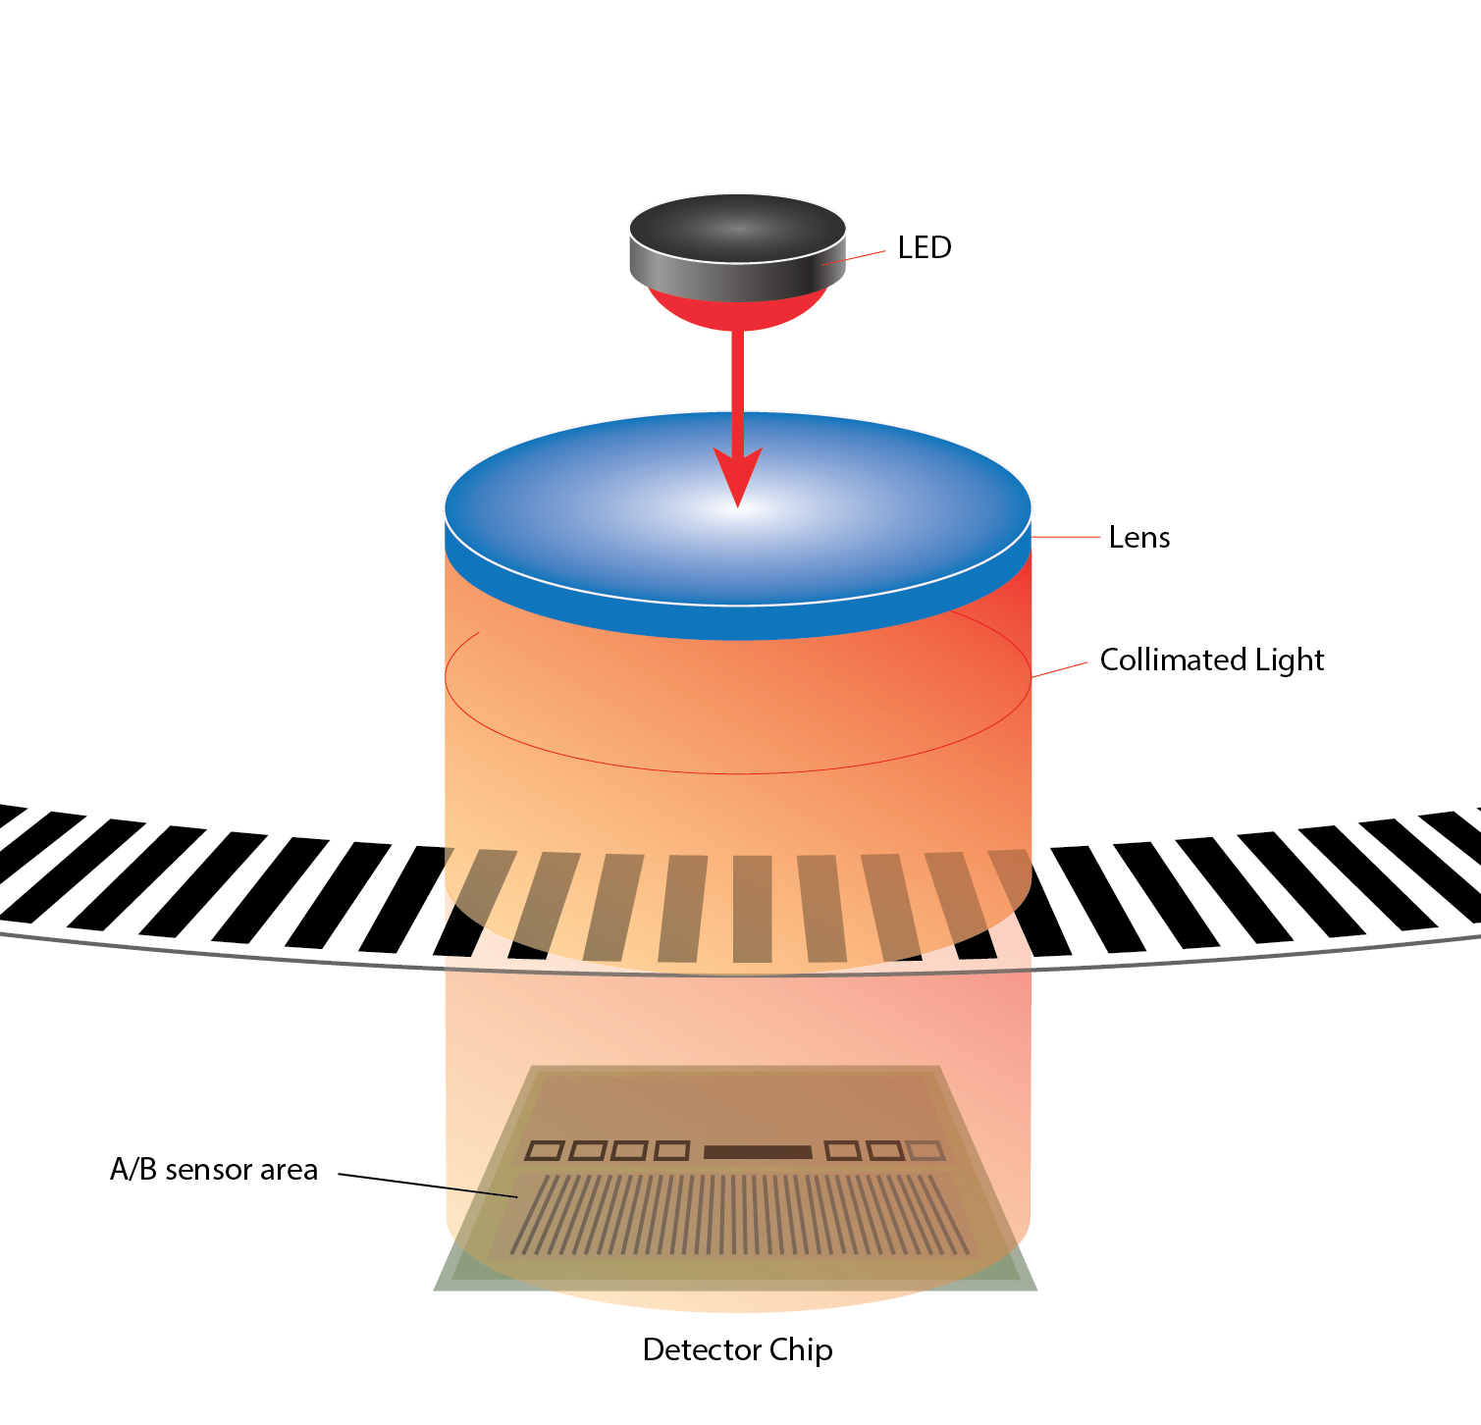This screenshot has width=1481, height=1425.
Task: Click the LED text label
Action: pyautogui.click(x=925, y=247)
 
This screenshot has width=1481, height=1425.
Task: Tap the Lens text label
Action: pyautogui.click(x=1138, y=538)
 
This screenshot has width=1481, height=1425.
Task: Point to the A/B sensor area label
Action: pyautogui.click(x=214, y=1170)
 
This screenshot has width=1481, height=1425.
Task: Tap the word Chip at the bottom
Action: pyautogui.click(x=801, y=1350)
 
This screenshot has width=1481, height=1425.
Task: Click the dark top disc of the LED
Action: pyautogui.click(x=737, y=229)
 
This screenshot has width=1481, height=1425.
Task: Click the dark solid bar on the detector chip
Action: pyautogui.click(x=758, y=1151)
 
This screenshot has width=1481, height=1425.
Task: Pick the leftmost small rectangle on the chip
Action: pyautogui.click(x=545, y=1150)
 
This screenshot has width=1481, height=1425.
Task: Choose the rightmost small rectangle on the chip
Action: pyautogui.click(x=926, y=1150)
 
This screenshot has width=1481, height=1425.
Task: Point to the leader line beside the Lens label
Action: pyautogui.click(x=1066, y=537)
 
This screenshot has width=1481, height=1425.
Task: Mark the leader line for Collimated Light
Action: pyautogui.click(x=1060, y=669)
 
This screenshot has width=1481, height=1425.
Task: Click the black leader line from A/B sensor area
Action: pyautogui.click(x=428, y=1185)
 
